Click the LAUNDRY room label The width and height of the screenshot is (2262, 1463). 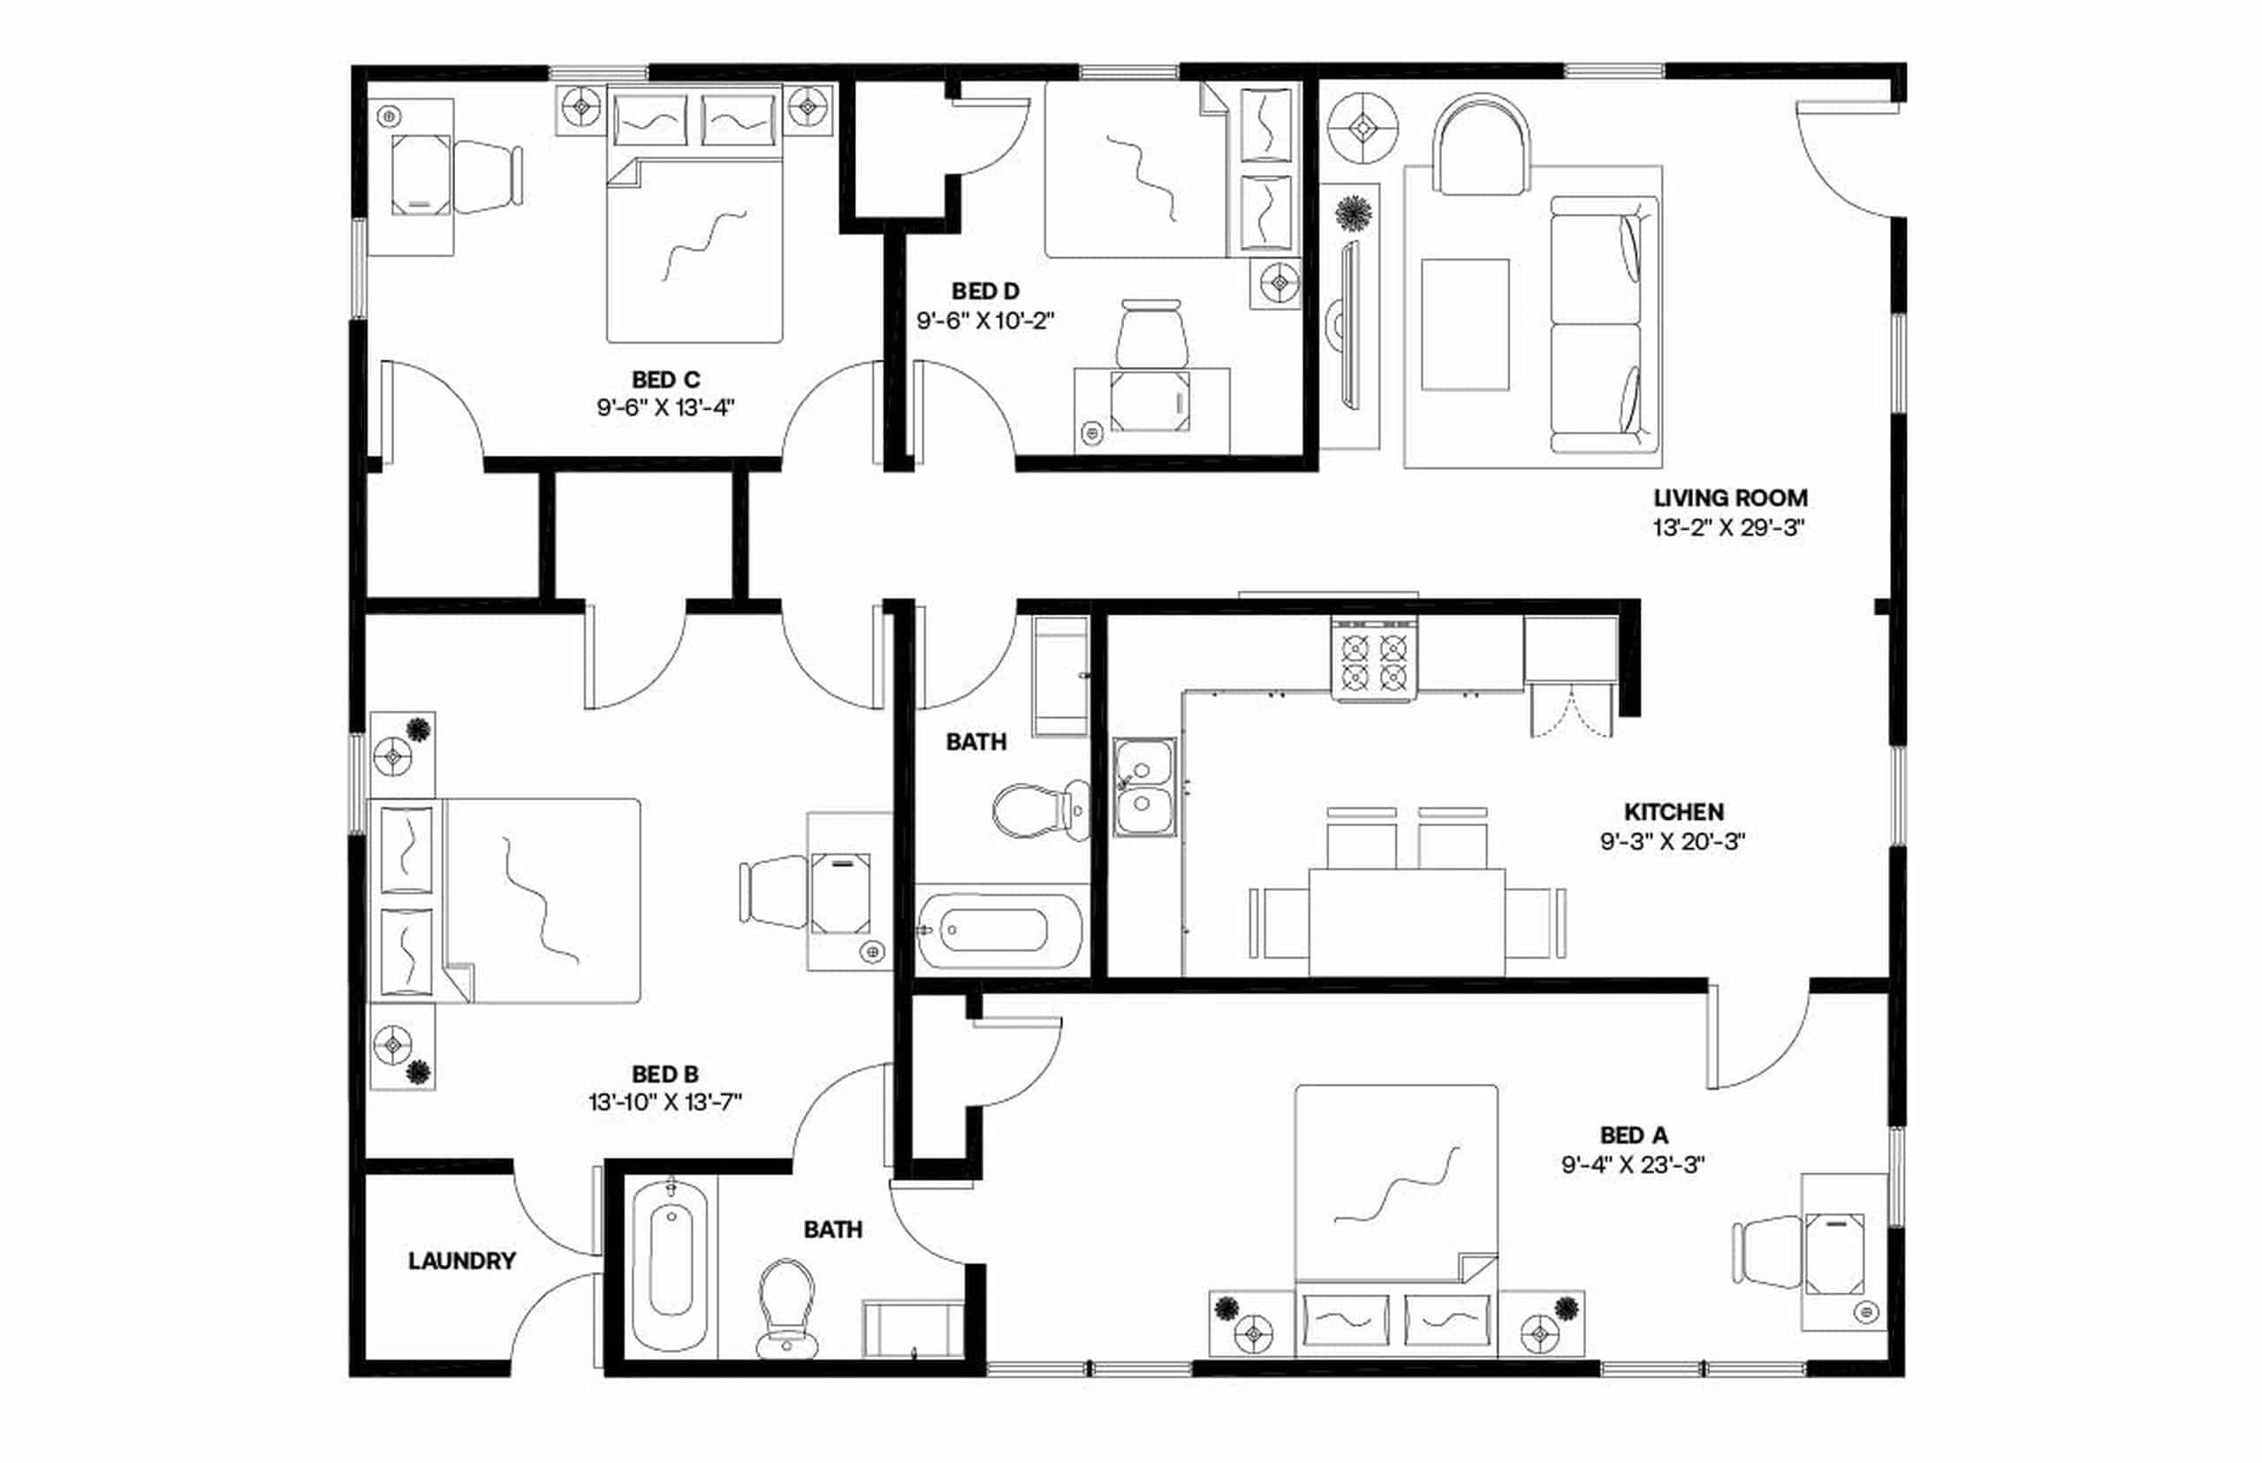point(462,1261)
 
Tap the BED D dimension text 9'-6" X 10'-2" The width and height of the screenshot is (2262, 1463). point(985,321)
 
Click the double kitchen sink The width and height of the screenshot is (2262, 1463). point(1144,787)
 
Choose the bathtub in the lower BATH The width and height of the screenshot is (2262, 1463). point(671,1262)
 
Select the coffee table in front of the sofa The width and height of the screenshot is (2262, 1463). point(1464,324)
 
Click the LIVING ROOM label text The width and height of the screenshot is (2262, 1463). point(1730,497)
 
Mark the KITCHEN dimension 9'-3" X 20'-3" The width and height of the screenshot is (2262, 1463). point(1672,842)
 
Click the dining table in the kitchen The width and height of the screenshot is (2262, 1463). point(1406,921)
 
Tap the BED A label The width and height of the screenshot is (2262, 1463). point(1633,1135)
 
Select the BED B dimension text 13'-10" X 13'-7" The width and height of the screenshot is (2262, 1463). point(664,1103)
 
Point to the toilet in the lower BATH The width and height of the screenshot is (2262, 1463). point(786,1307)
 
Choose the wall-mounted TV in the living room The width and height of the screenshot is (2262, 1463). point(1347,324)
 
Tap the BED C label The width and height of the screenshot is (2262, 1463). point(665,380)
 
